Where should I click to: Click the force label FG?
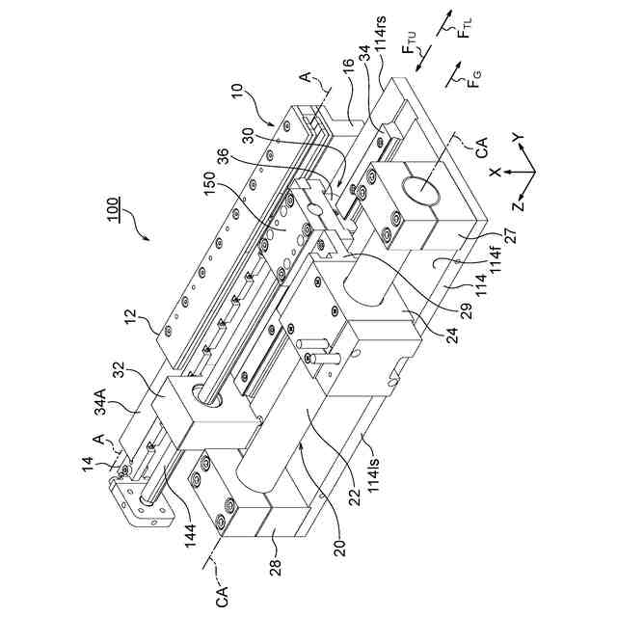pyautogui.click(x=474, y=79)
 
